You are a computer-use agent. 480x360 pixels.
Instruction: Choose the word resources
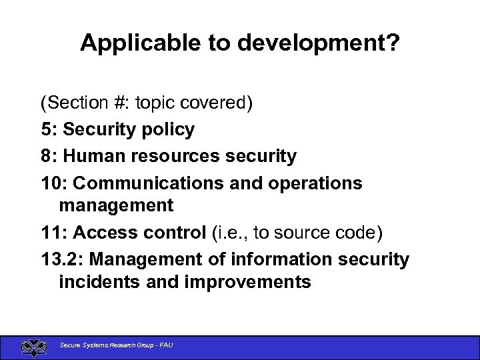(x=174, y=156)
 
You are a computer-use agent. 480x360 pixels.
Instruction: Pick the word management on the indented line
(x=116, y=206)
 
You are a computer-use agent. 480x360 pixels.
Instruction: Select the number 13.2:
(x=65, y=259)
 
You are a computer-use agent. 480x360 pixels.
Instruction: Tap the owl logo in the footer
(x=33, y=347)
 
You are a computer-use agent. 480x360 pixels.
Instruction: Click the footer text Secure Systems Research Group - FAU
(x=116, y=345)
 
